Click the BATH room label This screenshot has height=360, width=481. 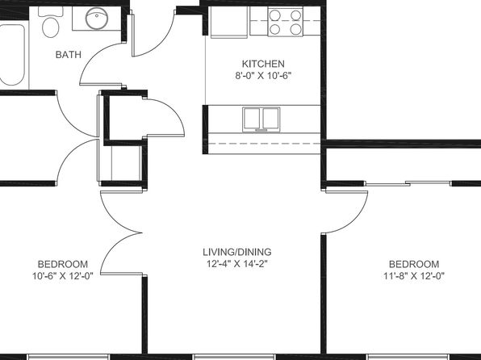click(69, 55)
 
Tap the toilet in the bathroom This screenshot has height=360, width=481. click(51, 22)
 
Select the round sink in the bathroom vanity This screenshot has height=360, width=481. click(97, 18)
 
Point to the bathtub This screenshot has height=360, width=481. click(12, 55)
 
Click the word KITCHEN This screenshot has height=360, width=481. click(263, 64)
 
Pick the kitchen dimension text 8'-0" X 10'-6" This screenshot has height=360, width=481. click(263, 76)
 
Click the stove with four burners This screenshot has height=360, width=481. click(285, 22)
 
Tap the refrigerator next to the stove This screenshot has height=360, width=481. click(229, 22)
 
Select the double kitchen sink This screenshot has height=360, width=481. click(261, 119)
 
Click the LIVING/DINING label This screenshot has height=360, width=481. click(237, 252)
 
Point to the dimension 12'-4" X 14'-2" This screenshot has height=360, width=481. click(237, 264)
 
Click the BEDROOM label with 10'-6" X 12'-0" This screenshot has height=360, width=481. click(63, 264)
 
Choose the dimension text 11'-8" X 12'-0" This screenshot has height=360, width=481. click(414, 276)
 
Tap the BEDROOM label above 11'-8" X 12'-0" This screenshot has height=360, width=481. click(414, 264)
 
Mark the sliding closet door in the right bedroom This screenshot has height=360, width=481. click(408, 184)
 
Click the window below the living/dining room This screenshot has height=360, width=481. click(235, 358)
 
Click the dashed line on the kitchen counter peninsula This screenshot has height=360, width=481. click(264, 144)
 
